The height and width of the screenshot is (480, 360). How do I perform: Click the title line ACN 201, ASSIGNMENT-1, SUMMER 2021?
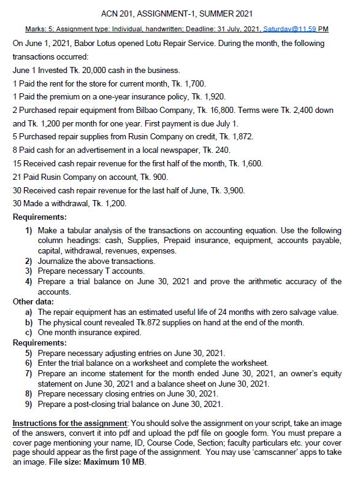tap(180, 14)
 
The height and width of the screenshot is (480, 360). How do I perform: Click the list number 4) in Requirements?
tap(28, 281)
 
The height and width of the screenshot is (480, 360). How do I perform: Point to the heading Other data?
tap(34, 301)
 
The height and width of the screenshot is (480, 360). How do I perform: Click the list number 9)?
tap(28, 403)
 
